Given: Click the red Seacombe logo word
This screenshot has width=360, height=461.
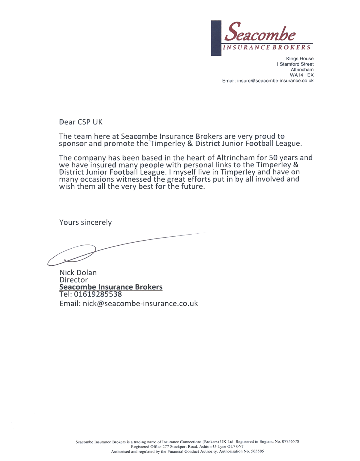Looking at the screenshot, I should tap(260, 32).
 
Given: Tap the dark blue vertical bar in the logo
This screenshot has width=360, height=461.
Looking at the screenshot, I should tap(216, 38).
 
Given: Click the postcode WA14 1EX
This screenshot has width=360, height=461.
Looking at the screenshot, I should tap(301, 75).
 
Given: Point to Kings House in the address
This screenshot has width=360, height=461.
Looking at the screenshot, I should tap(300, 58).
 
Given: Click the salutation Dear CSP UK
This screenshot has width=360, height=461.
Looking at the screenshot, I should tap(81, 122).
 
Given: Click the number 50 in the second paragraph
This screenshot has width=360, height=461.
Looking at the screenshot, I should tap(273, 157).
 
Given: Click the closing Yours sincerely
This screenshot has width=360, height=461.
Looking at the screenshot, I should tap(85, 222).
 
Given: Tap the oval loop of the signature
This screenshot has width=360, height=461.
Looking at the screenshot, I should tap(72, 255).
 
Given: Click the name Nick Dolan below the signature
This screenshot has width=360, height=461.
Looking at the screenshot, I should tap(78, 273).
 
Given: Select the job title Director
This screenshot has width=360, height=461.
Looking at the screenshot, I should tap(73, 280).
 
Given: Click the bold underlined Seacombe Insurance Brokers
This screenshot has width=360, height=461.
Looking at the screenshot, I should tap(111, 287).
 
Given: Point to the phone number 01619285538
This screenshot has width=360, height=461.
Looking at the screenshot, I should tap(98, 294).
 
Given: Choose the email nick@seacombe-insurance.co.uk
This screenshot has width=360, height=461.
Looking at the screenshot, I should tap(140, 304).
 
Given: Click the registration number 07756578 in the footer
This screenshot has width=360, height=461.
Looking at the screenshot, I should tap(290, 442).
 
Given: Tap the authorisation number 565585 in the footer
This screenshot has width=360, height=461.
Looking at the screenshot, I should tap(257, 451).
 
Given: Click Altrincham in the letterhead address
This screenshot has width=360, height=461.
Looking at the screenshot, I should tap(302, 70).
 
